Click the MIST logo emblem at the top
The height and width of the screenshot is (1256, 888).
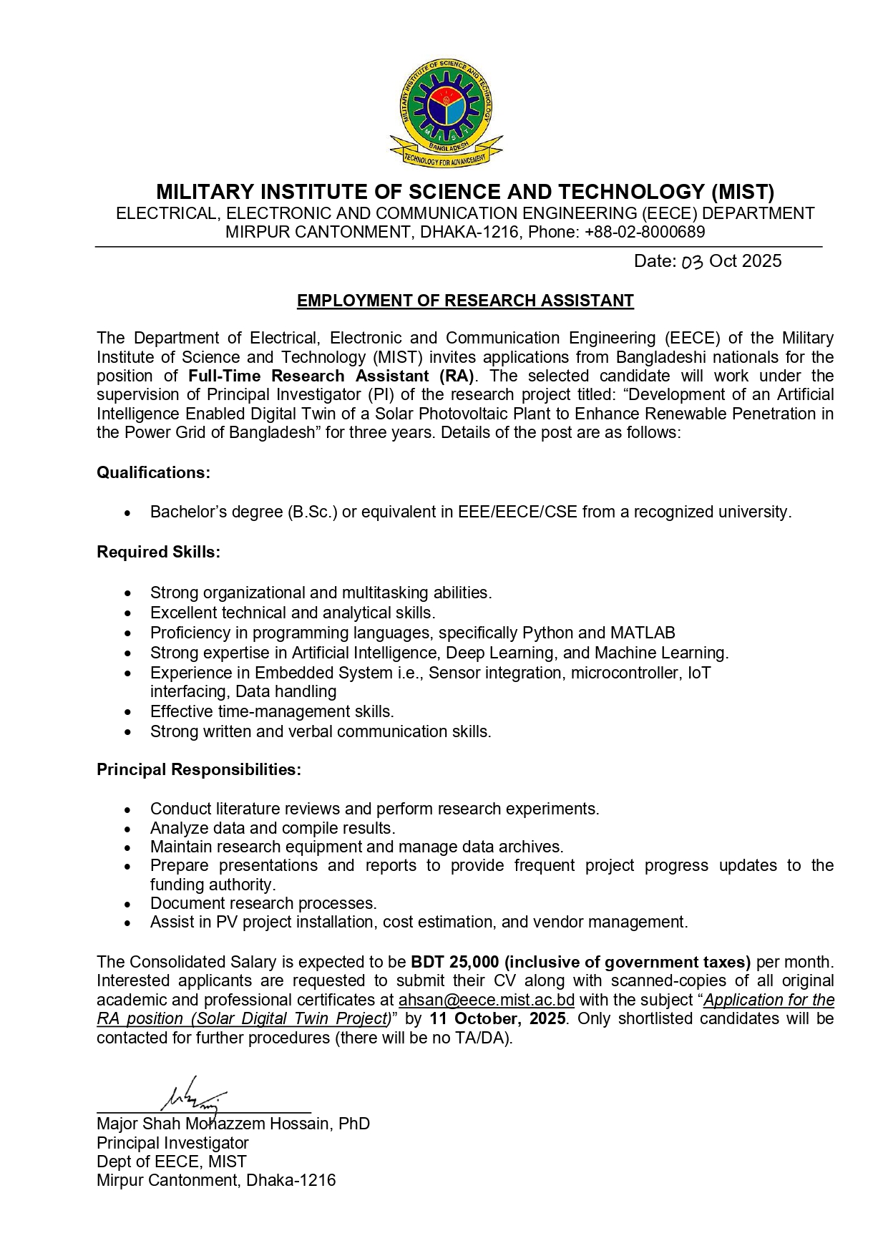[446, 112]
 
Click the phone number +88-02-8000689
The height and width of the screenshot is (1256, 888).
[644, 232]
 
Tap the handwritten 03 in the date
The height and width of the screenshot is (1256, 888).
[692, 262]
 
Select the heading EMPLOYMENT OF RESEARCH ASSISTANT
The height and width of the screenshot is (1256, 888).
[465, 301]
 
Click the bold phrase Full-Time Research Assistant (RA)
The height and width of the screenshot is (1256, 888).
[331, 376]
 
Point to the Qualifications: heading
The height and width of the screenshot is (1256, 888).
[153, 472]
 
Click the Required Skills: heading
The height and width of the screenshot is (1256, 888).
[158, 552]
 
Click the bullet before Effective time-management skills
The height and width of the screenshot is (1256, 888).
[127, 712]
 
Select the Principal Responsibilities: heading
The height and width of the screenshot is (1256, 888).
[199, 769]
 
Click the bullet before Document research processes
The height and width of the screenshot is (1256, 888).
[127, 904]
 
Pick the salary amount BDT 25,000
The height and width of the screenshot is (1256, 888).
[454, 962]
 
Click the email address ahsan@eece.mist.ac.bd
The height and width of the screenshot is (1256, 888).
[487, 1000]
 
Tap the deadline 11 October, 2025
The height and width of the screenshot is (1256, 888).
[498, 1018]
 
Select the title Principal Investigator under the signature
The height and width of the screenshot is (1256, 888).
[172, 1143]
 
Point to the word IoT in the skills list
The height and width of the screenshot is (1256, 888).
[699, 673]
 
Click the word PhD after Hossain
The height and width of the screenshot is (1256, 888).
[354, 1124]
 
